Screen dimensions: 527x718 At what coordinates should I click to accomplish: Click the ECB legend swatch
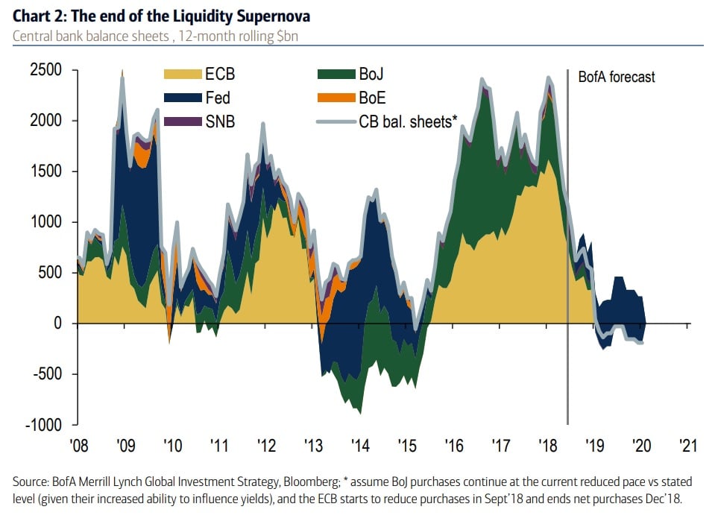(x=183, y=75)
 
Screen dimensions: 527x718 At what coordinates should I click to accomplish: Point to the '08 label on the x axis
(x=78, y=446)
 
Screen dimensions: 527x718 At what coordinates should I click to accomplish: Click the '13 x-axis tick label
(x=314, y=446)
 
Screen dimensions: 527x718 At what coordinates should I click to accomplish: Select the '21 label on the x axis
(x=688, y=446)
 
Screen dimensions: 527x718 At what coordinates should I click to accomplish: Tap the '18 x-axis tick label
(x=547, y=446)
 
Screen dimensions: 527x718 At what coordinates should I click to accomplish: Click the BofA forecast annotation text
(x=617, y=77)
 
